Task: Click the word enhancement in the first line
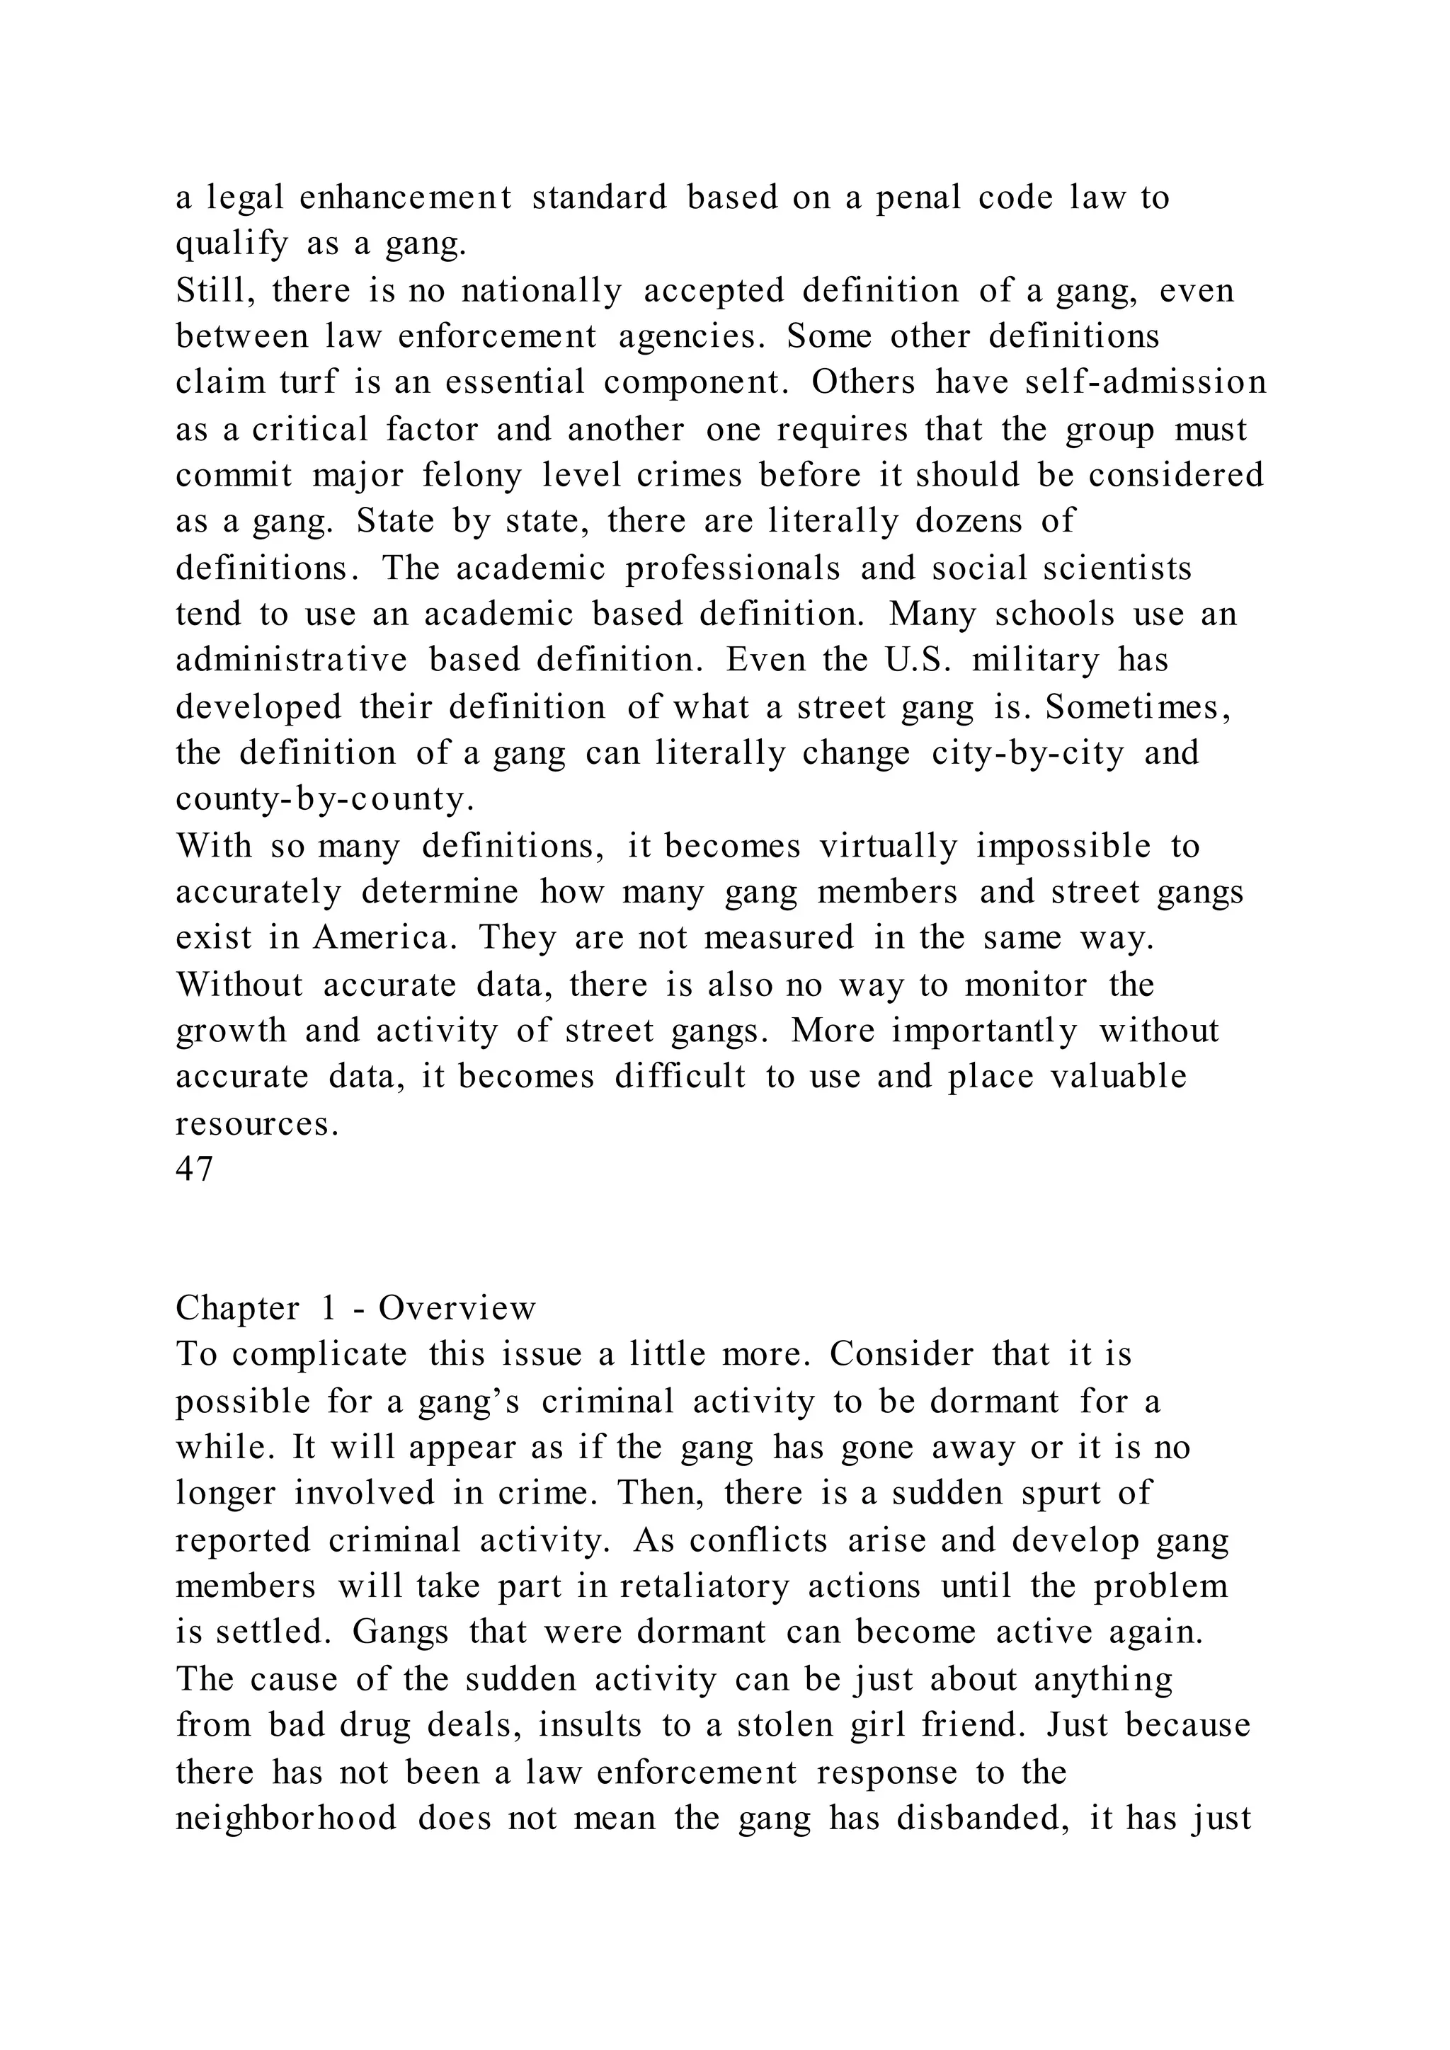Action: pos(406,198)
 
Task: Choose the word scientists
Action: pos(1117,568)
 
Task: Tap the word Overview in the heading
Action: pos(457,1309)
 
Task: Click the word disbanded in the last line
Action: pos(983,1819)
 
